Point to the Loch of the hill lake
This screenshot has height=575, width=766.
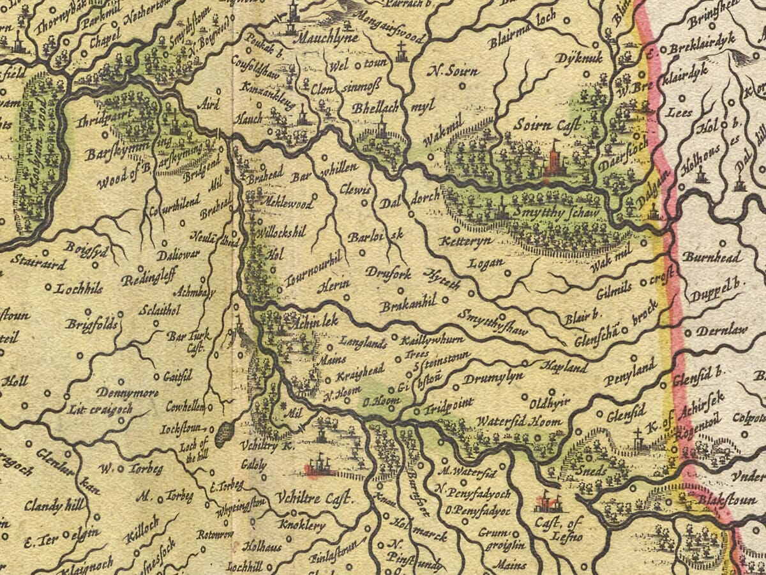(223, 434)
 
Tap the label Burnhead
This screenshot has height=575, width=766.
(712, 257)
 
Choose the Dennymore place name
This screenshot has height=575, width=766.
(128, 392)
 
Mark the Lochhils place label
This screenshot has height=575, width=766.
(79, 288)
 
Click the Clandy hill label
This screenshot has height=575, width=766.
(54, 507)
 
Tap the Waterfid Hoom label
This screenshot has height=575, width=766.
(519, 422)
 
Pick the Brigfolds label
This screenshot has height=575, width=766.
(91, 325)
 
